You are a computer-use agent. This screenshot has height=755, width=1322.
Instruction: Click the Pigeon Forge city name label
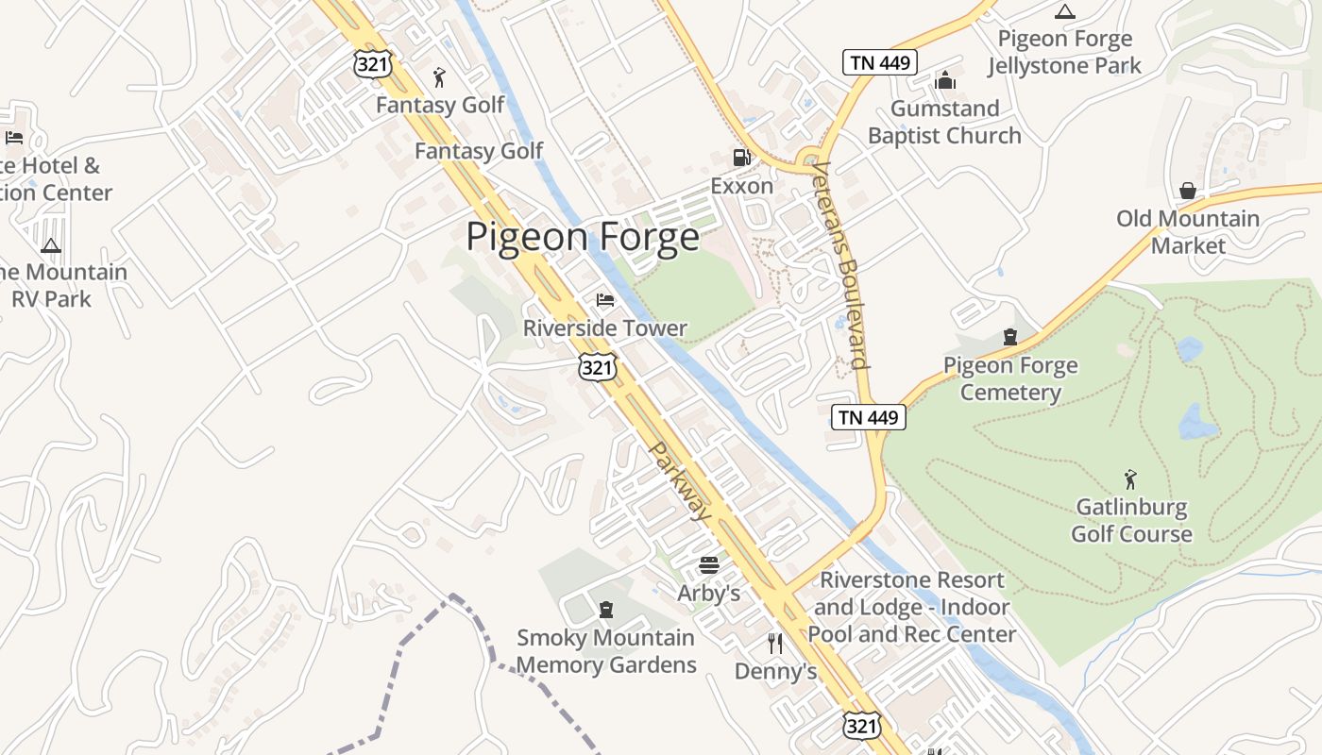point(583,236)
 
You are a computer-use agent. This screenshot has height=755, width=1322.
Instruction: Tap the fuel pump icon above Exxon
point(742,158)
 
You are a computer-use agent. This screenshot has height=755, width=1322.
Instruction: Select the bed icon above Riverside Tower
point(605,300)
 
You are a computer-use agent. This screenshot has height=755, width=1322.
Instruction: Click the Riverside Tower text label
point(605,328)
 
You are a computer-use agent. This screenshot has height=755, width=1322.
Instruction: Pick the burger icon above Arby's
point(709,565)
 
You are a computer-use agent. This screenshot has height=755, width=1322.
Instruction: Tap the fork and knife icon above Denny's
point(775,644)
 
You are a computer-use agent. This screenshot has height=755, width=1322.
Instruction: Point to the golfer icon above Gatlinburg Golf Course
point(1130,479)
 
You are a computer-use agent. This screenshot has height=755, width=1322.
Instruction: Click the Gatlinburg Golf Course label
point(1130,520)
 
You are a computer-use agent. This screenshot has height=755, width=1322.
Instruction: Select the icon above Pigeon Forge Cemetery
point(1010,337)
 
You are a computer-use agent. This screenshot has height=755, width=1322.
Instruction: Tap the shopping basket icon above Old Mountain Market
point(1188,191)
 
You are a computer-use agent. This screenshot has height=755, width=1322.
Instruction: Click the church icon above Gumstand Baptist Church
point(945,81)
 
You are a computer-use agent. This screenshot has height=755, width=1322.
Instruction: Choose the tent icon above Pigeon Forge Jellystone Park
point(1065,12)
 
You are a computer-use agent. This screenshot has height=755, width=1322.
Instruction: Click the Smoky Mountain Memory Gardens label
point(606,651)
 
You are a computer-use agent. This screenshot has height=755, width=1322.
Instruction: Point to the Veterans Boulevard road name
point(839,264)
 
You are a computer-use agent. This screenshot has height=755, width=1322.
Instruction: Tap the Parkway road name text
point(681,481)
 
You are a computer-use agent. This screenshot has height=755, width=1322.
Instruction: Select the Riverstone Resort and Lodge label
point(911,607)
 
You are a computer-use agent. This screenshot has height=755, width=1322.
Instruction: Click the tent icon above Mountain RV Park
point(51,245)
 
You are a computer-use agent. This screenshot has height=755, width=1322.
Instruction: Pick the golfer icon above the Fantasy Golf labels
point(440,77)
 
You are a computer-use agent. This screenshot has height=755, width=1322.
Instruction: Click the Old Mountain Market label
point(1188,232)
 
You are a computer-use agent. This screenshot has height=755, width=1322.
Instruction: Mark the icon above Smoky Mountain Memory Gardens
point(606,610)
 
